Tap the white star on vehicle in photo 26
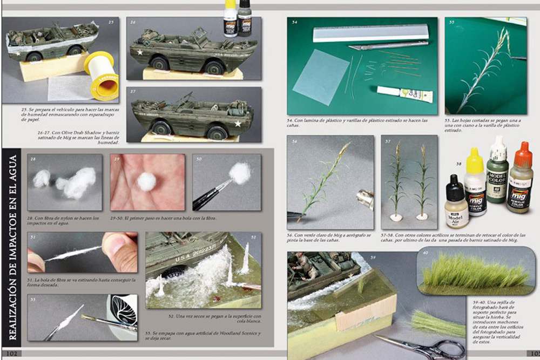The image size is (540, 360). (139, 53)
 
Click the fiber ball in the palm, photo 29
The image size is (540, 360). (146, 182)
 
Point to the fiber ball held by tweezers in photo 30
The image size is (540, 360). (239, 173)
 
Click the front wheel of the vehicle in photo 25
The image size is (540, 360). (33, 56)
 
